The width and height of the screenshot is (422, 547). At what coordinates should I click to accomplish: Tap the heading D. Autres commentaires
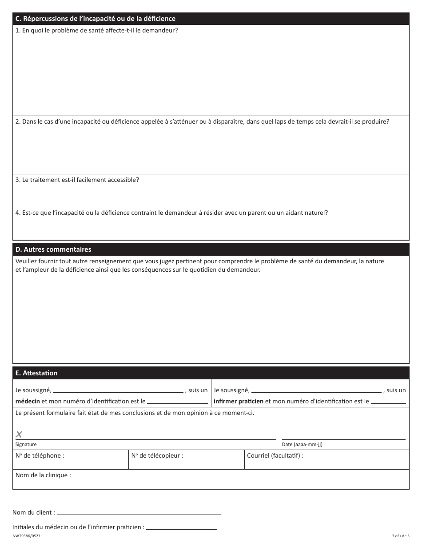click(53, 249)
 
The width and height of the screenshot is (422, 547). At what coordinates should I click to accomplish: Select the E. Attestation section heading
click(36, 373)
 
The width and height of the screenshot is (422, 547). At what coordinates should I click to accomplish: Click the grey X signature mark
click(19, 434)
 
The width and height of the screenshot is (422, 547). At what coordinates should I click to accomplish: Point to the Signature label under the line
click(26, 444)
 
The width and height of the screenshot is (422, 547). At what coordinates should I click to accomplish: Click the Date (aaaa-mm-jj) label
click(305, 444)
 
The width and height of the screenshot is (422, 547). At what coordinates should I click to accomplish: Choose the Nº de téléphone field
click(70, 460)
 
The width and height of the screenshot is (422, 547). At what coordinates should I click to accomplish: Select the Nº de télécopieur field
click(186, 460)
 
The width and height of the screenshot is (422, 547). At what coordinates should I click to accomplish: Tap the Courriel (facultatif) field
click(326, 460)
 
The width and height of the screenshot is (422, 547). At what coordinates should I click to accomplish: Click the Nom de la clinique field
click(211, 479)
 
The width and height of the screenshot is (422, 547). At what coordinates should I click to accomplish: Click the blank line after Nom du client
click(139, 512)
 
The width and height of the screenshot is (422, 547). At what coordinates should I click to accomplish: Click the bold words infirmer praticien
click(239, 401)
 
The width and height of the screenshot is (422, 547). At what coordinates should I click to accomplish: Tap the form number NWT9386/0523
click(29, 536)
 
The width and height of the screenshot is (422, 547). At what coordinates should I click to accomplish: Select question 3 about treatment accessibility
click(77, 180)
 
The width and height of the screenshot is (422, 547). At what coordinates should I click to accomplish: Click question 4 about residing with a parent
click(171, 213)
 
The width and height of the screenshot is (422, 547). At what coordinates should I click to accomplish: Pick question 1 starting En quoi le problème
click(97, 31)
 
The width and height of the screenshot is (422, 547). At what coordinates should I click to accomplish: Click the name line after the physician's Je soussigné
click(118, 390)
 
